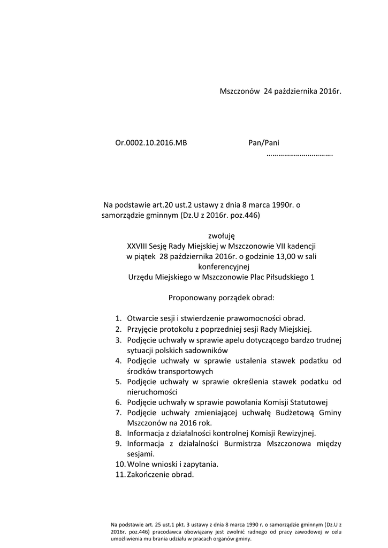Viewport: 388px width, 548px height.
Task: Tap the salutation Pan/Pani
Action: coord(264,143)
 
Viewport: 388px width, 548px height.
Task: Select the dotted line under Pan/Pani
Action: coord(299,155)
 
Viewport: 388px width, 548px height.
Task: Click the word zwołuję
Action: coord(220,235)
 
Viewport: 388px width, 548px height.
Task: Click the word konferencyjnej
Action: coord(220,266)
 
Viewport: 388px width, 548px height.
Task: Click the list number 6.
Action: coord(118,402)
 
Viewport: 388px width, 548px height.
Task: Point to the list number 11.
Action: coord(120,475)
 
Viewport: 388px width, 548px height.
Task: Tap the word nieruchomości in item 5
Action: coord(153,392)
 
